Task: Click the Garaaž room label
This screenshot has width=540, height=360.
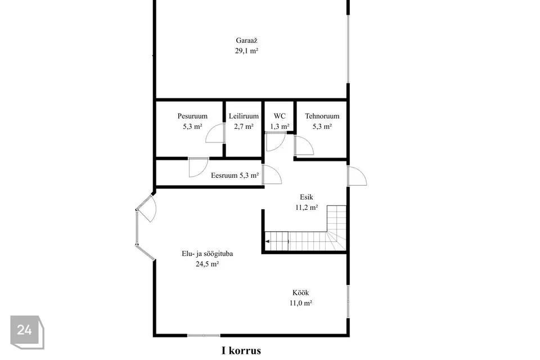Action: pos(246,40)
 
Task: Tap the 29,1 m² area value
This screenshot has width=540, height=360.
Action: pos(246,51)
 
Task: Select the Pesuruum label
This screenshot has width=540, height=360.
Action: pos(192,116)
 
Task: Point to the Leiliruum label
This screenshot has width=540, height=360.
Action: pos(244,116)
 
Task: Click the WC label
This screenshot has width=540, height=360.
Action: pos(280,116)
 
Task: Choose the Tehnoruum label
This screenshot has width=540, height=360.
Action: pos(322,116)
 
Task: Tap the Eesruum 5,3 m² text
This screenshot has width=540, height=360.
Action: pos(235,175)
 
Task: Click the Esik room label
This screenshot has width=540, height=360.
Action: pos(307,197)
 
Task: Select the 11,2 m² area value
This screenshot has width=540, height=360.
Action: pos(307,208)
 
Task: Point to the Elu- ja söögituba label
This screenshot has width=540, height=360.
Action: pos(208,254)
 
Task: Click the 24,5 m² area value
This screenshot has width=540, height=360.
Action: pos(208,264)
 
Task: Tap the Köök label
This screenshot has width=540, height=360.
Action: pos(300,293)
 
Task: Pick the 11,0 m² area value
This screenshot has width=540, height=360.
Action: pos(300,303)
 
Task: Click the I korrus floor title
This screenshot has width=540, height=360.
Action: pos(241,351)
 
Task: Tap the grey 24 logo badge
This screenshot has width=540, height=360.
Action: pos(27,332)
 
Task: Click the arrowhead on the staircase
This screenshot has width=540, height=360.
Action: pos(268,241)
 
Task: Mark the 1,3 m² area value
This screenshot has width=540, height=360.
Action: pos(280,127)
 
